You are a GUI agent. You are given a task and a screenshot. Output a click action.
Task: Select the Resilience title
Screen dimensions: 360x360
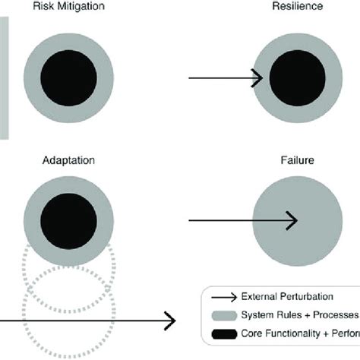click(x=297, y=6)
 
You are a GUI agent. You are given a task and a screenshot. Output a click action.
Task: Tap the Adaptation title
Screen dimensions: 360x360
click(x=68, y=161)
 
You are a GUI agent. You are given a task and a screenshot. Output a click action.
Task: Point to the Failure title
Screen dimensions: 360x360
click(x=297, y=161)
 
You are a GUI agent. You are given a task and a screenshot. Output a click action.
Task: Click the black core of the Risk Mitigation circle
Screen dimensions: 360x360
click(x=68, y=78)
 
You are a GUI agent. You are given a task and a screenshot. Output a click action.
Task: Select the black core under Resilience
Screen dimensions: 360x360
click(x=298, y=78)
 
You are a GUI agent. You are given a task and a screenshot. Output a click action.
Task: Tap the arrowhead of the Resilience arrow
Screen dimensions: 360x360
click(x=258, y=78)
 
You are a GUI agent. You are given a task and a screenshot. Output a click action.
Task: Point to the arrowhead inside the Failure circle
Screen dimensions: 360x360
click(x=292, y=221)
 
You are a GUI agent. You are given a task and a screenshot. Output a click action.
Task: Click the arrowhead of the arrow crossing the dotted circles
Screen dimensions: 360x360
click(x=170, y=320)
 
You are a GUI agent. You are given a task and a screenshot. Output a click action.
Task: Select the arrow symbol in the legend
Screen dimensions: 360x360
click(x=223, y=297)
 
